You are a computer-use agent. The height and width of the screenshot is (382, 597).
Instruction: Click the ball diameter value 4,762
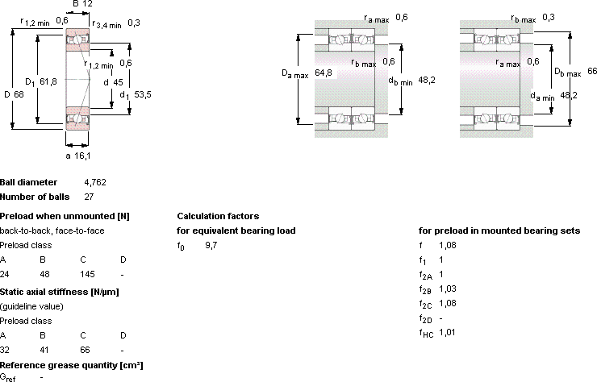tap(95, 183)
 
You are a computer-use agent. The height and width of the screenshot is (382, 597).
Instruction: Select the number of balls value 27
tap(89, 197)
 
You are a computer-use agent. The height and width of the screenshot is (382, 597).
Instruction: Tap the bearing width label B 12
tap(82, 4)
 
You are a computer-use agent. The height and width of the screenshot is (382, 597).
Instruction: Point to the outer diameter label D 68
tap(14, 94)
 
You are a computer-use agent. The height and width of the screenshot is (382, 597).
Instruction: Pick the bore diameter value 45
tap(118, 82)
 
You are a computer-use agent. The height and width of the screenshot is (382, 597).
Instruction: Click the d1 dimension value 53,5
tap(143, 94)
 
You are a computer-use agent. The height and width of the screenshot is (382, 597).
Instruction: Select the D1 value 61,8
tap(48, 81)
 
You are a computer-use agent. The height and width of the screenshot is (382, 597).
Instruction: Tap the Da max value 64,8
tap(324, 73)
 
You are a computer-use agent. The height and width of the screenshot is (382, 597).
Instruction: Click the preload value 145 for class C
tap(87, 274)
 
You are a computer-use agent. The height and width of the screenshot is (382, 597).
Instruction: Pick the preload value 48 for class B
tap(44, 274)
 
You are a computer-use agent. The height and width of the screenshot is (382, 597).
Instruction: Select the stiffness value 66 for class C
tap(85, 350)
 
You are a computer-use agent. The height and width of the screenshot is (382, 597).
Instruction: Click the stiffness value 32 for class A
tap(5, 350)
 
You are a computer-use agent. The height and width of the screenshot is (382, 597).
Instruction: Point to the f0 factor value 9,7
tap(211, 246)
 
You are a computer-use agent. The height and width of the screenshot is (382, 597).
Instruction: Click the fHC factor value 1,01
tap(447, 333)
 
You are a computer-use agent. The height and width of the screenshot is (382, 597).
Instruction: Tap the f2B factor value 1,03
tap(448, 289)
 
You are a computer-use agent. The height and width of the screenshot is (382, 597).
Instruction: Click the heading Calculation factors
tap(218, 216)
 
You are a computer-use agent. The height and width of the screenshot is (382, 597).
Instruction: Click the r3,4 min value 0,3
tap(134, 23)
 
